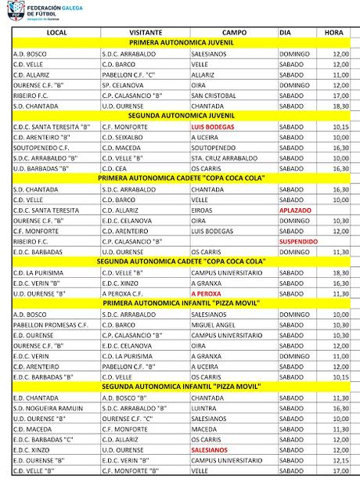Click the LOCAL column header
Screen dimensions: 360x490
(56, 32)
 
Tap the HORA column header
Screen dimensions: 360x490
(333, 32)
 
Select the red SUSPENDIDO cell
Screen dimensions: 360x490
(299, 241)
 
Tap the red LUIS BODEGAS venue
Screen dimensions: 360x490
(212, 126)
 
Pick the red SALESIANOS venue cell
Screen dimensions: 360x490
(209, 450)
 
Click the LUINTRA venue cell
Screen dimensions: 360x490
(203, 408)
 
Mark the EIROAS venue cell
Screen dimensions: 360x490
(201, 211)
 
